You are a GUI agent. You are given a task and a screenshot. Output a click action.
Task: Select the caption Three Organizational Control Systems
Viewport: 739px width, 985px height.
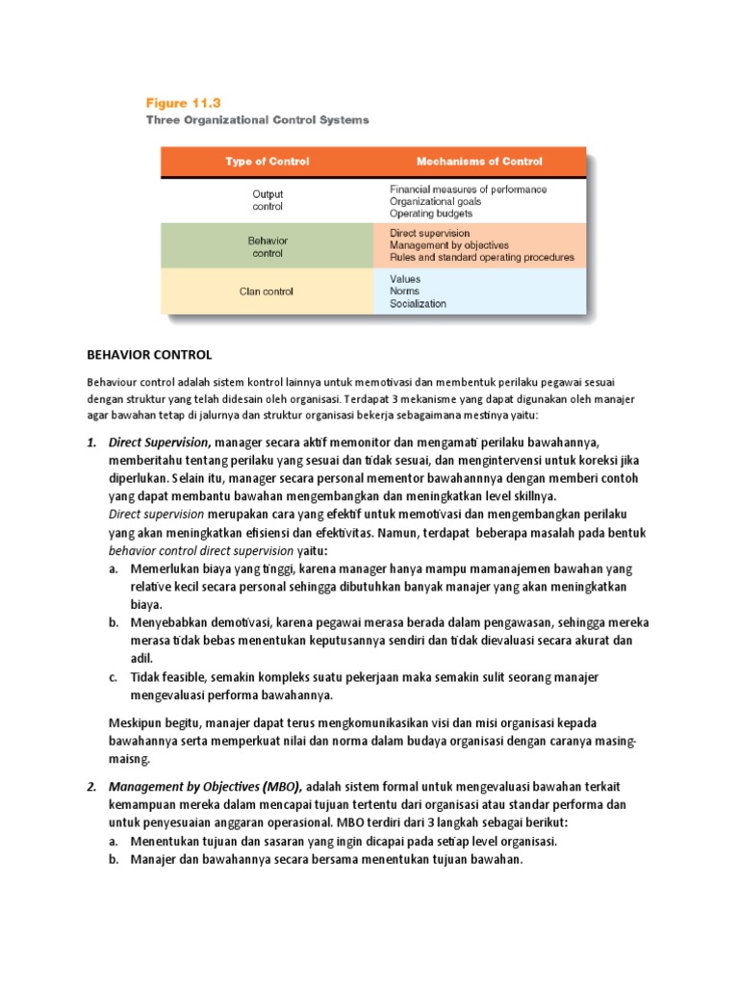257,120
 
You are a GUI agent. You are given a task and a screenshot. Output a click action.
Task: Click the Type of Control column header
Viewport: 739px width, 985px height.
267,162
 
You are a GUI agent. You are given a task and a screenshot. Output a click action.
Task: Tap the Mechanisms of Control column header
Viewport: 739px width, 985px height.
479,162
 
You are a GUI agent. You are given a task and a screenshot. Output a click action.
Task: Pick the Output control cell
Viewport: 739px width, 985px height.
267,199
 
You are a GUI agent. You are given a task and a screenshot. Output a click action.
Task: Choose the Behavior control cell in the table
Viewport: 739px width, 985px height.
267,246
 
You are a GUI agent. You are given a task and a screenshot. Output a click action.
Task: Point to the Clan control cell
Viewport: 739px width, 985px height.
267,290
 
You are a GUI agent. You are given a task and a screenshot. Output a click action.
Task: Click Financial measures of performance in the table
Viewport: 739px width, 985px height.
468,189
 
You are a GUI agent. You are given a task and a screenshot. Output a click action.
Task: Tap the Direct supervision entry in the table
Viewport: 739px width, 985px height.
429,233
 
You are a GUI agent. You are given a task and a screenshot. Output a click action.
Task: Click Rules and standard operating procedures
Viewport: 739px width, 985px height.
481,258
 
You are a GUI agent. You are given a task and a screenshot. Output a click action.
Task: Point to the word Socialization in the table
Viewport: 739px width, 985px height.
418,304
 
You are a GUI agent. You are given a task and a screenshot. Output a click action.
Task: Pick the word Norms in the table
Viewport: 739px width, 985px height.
404,290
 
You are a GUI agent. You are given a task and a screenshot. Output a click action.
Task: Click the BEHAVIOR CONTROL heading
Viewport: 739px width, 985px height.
149,355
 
